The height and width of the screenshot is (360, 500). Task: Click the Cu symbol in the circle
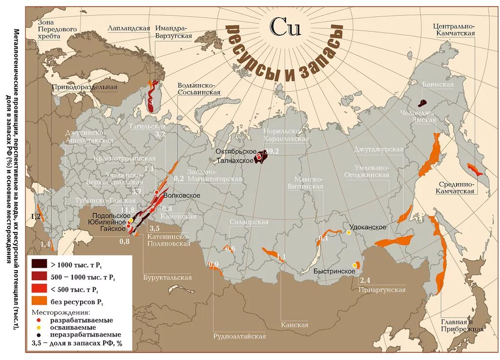click(x=286, y=27)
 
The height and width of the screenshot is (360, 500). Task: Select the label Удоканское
click(x=368, y=228)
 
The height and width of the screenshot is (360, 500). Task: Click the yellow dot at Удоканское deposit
click(x=349, y=233)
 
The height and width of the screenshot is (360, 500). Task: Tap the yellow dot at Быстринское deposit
click(x=354, y=265)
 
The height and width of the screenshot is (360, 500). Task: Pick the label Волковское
click(x=182, y=195)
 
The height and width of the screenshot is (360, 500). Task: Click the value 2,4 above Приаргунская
click(x=365, y=280)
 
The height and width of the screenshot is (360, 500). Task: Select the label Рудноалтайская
click(x=239, y=336)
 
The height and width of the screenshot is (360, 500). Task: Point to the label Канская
click(x=294, y=325)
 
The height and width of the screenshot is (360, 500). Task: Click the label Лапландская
click(x=129, y=28)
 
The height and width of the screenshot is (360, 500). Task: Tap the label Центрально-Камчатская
click(x=454, y=29)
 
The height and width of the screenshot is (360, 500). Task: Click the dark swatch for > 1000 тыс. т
click(x=39, y=264)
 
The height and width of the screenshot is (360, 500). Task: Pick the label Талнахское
click(x=235, y=161)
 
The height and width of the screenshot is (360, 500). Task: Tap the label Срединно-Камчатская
click(x=455, y=188)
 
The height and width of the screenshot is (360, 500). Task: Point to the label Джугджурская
click(x=378, y=149)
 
